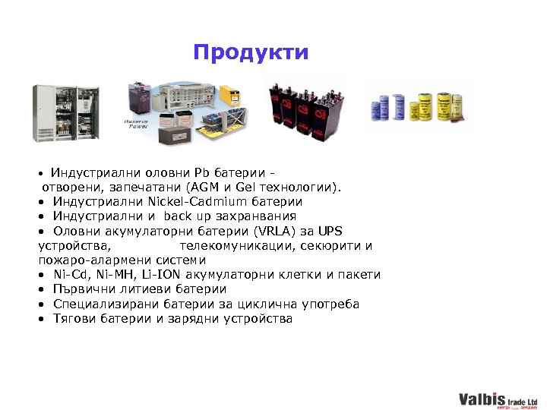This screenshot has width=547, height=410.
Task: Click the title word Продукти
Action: (x=251, y=52)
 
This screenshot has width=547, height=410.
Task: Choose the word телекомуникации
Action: (x=236, y=246)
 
